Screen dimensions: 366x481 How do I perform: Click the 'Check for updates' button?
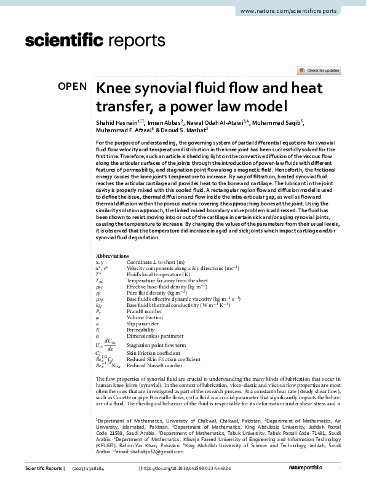pos(318,71)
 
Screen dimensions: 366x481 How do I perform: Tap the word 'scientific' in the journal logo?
pos(63,41)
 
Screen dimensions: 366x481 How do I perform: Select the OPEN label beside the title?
pos(72,87)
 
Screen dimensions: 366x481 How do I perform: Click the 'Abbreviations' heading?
pos(113,272)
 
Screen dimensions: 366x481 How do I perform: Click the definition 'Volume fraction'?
pos(145,317)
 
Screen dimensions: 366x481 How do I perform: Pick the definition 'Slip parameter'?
pos(143,324)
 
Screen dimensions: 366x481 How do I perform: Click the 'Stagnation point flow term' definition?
pos(157,345)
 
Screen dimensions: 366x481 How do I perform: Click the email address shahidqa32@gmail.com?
pos(148,451)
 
